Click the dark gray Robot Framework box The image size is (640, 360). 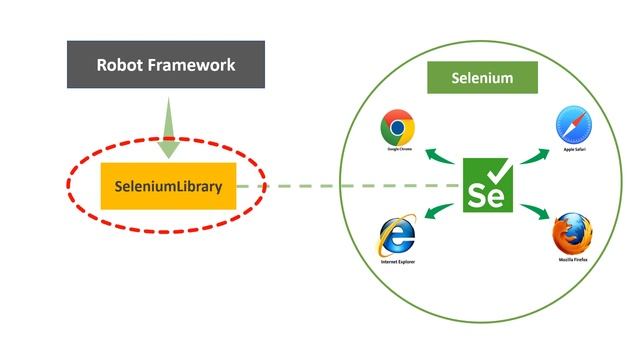point(166,65)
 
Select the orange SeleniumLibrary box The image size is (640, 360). point(168,185)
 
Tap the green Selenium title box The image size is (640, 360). point(482,77)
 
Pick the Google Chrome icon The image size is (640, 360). point(398,127)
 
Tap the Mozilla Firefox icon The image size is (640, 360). point(572,233)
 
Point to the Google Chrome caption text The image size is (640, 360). point(399,150)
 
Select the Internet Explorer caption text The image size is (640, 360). point(397,262)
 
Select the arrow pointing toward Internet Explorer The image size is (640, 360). point(441,210)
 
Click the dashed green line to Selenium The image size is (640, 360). point(350,185)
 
